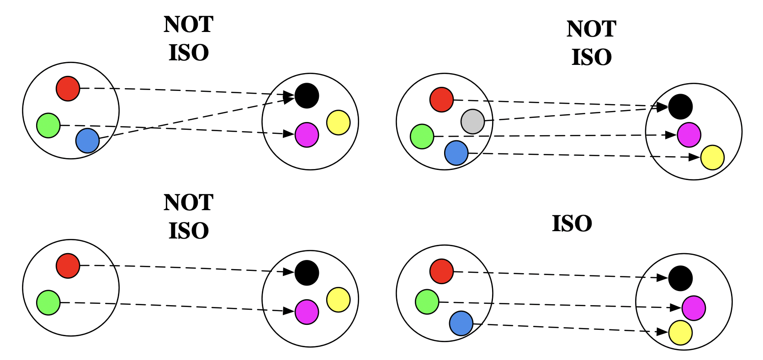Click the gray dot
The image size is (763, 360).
click(472, 122)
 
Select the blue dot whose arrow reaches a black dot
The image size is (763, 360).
click(87, 140)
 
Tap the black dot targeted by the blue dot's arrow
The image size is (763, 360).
click(307, 95)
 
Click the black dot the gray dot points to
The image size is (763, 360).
click(680, 106)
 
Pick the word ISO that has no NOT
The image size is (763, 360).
click(572, 224)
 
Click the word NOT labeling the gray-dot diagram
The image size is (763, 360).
click(591, 29)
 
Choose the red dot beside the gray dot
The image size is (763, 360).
click(441, 100)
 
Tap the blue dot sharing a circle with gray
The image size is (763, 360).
click(456, 153)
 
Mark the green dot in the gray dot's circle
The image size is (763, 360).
click(422, 136)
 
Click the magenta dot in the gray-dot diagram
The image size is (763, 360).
click(689, 135)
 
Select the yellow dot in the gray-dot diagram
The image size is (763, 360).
click(712, 158)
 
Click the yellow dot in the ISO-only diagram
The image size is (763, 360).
click(680, 333)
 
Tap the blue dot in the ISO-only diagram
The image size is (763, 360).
click(461, 323)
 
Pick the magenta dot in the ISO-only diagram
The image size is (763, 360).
click(694, 308)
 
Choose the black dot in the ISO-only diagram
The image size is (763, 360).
click(680, 278)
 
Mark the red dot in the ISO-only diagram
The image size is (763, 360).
click(441, 271)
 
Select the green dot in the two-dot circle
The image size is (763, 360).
click(48, 302)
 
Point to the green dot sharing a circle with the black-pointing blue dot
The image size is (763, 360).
click(48, 125)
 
